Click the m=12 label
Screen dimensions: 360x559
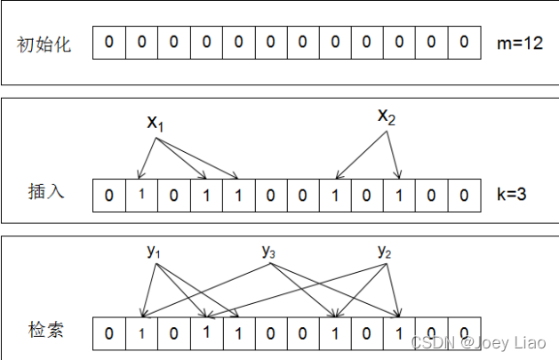coord(521,43)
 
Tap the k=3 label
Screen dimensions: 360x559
coord(512,192)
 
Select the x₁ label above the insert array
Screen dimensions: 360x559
coord(156,123)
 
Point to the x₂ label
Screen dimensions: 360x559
coord(387,116)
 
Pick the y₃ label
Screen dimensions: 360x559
coord(269,252)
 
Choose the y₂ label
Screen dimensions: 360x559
coord(385,252)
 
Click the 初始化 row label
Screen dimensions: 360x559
coord(44,44)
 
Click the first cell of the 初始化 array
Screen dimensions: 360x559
coord(108,43)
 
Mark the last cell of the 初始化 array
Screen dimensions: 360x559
coord(464,43)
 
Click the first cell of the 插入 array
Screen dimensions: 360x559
coord(108,193)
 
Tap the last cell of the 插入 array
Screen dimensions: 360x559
coord(464,193)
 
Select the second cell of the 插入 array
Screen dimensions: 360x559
coord(140,193)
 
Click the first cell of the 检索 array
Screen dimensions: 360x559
coord(108,333)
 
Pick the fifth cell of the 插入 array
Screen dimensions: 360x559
coord(237,193)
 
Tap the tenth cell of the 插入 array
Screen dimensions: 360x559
coord(399,193)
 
